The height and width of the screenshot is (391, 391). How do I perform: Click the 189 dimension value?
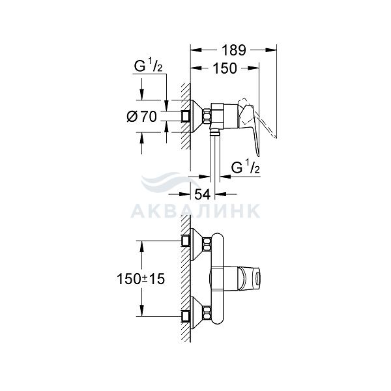point(234,50)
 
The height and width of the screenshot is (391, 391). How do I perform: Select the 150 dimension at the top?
point(225,68)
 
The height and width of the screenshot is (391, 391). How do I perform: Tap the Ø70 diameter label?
point(142,116)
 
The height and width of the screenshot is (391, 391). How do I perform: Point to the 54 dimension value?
point(203,194)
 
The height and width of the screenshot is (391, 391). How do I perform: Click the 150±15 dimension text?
point(141,278)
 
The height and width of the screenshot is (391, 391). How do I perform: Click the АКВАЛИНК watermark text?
point(195,211)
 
